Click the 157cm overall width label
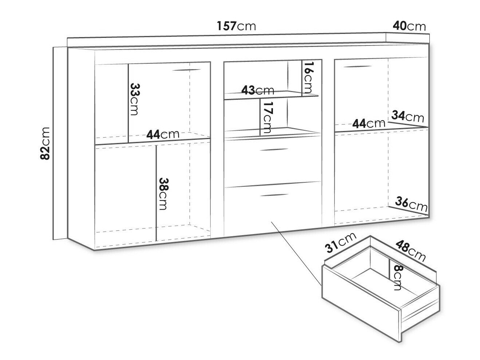click(x=236, y=26)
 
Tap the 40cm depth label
click(x=409, y=26)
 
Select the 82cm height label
click(x=45, y=143)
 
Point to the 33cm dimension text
click(x=134, y=99)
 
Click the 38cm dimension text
click(x=163, y=194)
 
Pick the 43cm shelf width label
click(x=258, y=90)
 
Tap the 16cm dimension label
click(x=308, y=78)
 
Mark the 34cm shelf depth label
click(x=408, y=116)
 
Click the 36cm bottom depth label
click(x=411, y=204)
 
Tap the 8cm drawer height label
click(x=397, y=277)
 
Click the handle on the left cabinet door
click(x=187, y=70)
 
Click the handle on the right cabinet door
click(x=357, y=67)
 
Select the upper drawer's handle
click(x=274, y=150)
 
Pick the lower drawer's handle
click(x=274, y=195)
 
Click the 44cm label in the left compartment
click(x=163, y=134)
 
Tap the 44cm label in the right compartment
click(x=369, y=123)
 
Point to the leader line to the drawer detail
click(x=296, y=253)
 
